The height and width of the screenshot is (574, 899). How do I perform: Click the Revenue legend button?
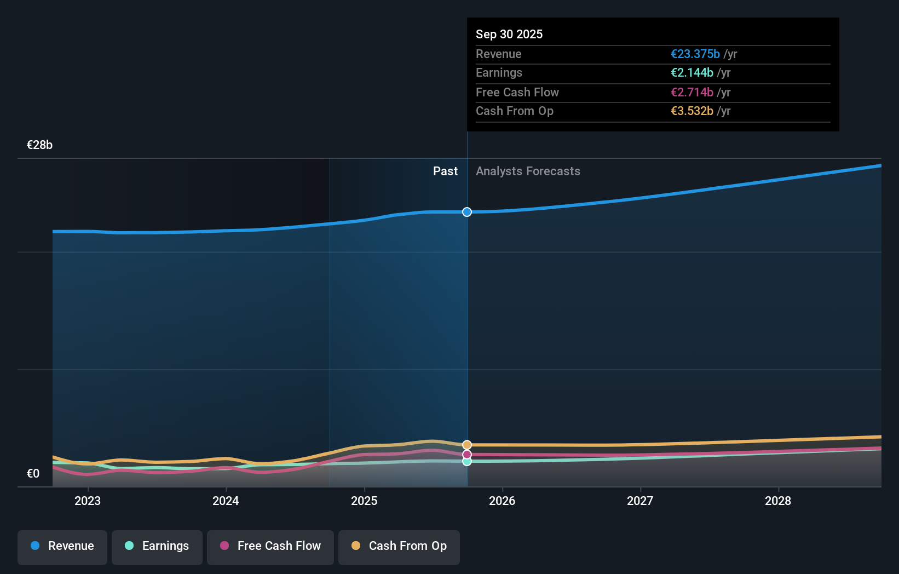[62, 547]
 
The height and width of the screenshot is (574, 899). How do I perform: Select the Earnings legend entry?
[157, 547]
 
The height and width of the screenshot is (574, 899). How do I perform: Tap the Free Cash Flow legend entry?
[270, 547]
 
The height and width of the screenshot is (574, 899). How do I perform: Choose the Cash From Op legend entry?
[399, 547]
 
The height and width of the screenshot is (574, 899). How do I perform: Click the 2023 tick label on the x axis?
[88, 501]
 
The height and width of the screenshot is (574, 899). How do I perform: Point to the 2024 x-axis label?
[226, 501]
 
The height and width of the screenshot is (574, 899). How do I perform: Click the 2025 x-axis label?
[364, 501]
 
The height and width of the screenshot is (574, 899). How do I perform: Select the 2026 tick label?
[502, 501]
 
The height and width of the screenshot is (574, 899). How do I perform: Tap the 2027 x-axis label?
[640, 501]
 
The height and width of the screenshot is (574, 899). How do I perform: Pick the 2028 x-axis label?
[778, 501]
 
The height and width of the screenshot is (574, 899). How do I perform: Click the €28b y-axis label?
[39, 145]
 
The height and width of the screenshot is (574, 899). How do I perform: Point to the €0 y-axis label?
[33, 474]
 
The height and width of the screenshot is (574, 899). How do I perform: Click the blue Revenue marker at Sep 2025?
[467, 212]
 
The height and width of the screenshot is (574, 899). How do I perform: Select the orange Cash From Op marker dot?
[467, 445]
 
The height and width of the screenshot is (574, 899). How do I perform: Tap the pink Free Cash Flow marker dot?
[467, 455]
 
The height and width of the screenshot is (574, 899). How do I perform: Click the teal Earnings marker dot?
[467, 462]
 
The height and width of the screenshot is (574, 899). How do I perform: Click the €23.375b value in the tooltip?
[695, 54]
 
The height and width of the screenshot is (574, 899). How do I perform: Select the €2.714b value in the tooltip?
[691, 93]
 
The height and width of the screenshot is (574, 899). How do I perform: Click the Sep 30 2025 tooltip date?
[509, 35]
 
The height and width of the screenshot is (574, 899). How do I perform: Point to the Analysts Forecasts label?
[528, 171]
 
